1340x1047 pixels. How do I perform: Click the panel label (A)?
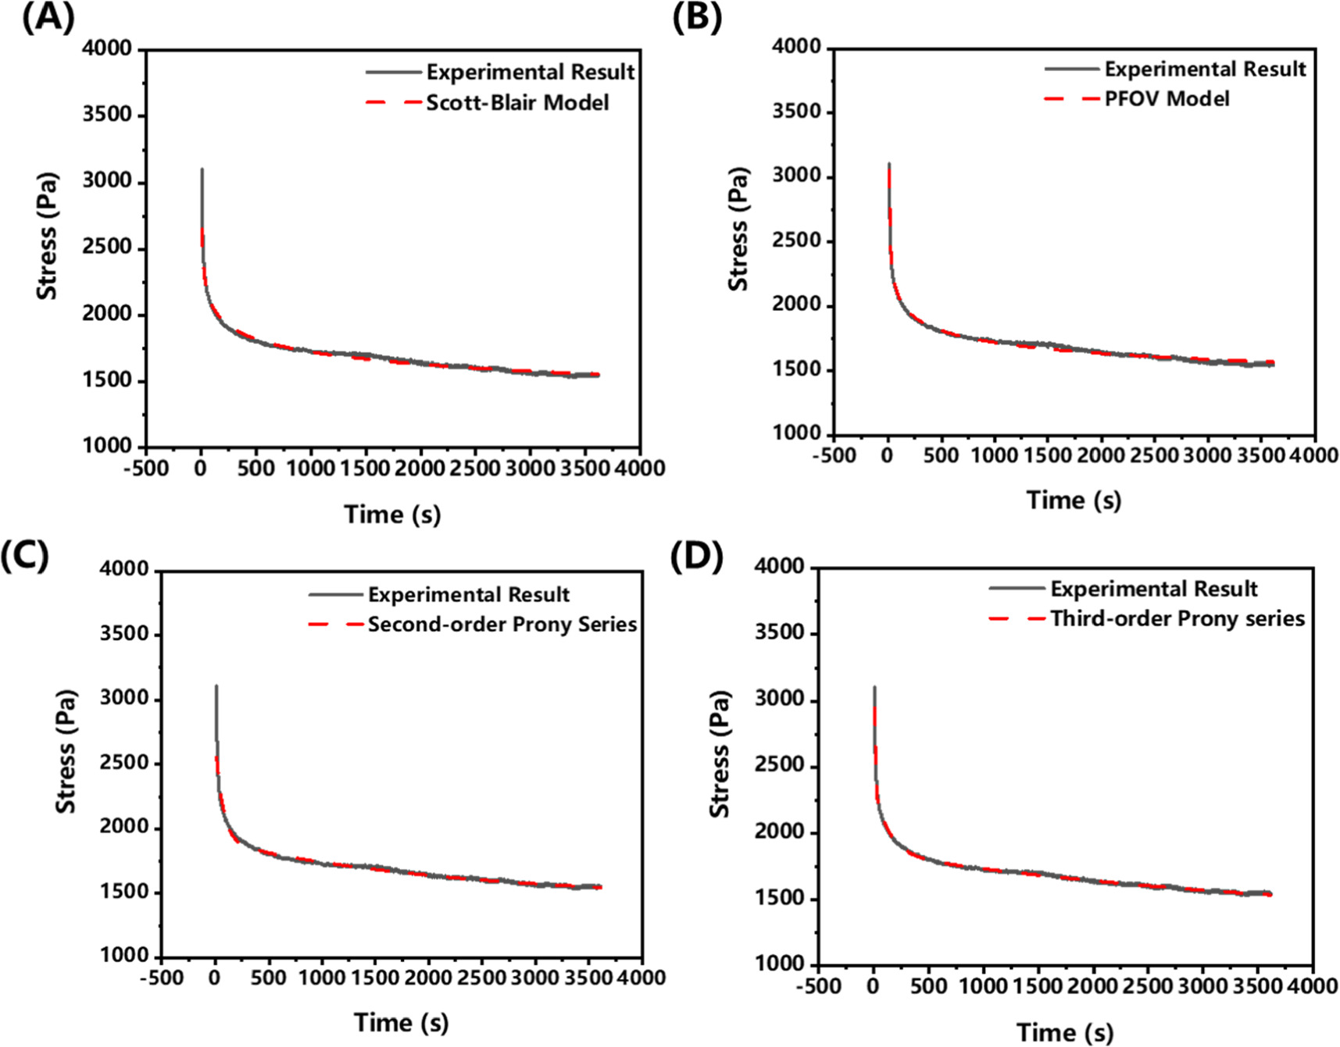(x=48, y=17)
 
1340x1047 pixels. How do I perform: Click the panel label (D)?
(x=696, y=556)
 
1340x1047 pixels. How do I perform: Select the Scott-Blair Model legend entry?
(x=516, y=103)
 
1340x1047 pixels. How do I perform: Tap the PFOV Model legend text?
(x=1166, y=99)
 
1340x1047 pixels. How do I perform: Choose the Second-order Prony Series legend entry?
(x=502, y=625)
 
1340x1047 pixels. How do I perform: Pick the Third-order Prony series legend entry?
(x=1177, y=619)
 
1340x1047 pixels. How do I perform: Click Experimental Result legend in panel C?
(x=468, y=595)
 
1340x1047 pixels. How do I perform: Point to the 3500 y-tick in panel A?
(x=107, y=115)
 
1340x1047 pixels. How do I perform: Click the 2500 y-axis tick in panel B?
(x=796, y=240)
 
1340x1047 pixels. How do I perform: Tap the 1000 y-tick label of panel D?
(x=779, y=964)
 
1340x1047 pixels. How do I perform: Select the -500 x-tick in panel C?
(x=161, y=978)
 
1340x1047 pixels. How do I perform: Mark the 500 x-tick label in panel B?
(x=941, y=455)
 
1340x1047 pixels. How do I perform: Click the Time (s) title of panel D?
(x=1064, y=1032)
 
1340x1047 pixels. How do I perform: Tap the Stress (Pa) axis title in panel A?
(x=47, y=237)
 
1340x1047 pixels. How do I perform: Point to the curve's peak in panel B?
(x=889, y=164)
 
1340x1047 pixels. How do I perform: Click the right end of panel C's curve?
(x=600, y=886)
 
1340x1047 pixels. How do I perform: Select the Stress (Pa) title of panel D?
(x=719, y=753)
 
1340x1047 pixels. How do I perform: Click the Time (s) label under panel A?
(x=392, y=515)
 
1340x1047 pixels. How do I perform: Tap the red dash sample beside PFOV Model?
(x=1070, y=99)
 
